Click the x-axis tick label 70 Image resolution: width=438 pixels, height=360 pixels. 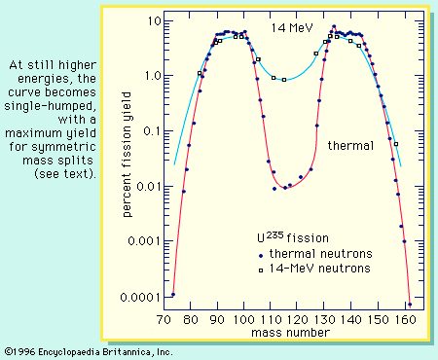pyautogui.click(x=164, y=320)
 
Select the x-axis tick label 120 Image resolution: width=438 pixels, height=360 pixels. pyautogui.click(x=298, y=320)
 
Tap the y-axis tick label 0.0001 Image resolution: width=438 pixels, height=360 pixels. pyautogui.click(x=140, y=297)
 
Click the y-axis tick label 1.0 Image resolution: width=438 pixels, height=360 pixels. pyautogui.click(x=152, y=76)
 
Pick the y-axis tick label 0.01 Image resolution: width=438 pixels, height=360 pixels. pyautogui.click(x=148, y=187)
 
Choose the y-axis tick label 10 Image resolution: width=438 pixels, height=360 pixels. pyautogui.click(x=154, y=21)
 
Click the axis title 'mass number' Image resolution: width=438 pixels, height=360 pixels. pyautogui.click(x=290, y=333)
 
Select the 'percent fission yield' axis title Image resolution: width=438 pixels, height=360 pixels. pyautogui.click(x=128, y=155)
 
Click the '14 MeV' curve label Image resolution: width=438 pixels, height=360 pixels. pyautogui.click(x=292, y=28)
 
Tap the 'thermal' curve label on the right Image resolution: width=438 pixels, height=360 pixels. pyautogui.click(x=350, y=145)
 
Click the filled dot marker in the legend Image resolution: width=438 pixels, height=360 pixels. pyautogui.click(x=261, y=256)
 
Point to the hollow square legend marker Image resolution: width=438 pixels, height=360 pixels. pyautogui.click(x=261, y=270)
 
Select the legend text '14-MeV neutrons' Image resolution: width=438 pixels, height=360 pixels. pyautogui.click(x=319, y=269)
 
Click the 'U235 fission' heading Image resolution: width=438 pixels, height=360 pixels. pyautogui.click(x=293, y=237)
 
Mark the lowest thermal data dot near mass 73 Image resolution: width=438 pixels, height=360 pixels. pyautogui.click(x=173, y=295)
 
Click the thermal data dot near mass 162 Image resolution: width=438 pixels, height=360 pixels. pyautogui.click(x=410, y=305)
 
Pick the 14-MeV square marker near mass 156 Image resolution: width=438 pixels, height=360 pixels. pyautogui.click(x=396, y=144)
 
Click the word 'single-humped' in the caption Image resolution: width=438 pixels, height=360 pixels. pyautogui.click(x=51, y=106)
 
